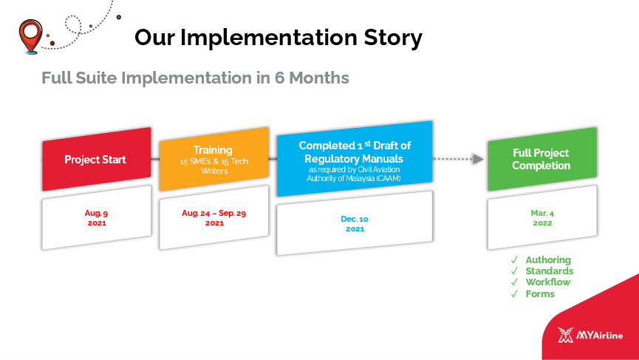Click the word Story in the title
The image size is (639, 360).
393,37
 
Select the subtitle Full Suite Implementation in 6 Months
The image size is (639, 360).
195,78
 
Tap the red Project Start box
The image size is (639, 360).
97,159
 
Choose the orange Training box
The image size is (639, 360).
214,159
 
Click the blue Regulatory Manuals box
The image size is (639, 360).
355,159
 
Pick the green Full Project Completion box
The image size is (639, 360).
542,159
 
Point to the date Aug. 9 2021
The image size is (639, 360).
97,218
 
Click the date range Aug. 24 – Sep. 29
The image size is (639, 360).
214,213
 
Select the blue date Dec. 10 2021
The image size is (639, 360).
355,223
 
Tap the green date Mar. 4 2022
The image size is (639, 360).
542,218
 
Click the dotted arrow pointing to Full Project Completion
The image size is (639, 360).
458,159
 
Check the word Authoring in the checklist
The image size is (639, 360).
548,259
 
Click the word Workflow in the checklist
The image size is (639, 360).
547,282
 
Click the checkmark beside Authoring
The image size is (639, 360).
514,259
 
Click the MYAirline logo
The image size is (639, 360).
590,335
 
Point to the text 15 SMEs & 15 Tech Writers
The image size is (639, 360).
214,166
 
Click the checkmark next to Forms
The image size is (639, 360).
514,293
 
